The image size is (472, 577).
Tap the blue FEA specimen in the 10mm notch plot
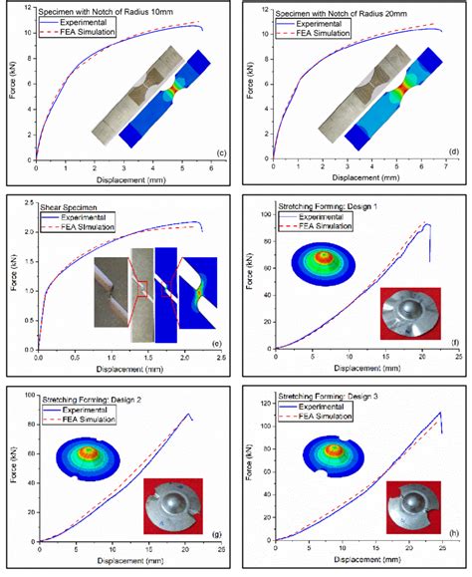point(159,120)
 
